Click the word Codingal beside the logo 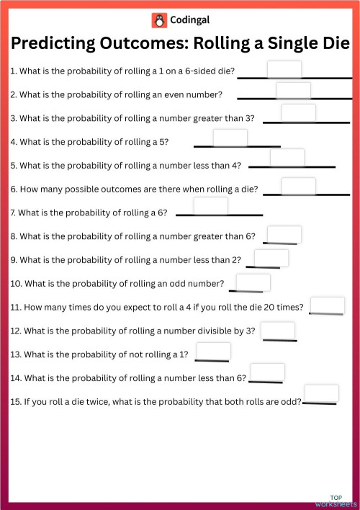coord(190,20)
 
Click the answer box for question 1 coord(284,69)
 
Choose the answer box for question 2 coord(293,91)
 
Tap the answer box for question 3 coord(298,113)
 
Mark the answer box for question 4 coord(230,138)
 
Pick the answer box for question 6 coord(298,186)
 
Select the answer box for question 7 coord(211,206)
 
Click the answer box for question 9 coord(271,258)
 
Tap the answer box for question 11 coord(326,305)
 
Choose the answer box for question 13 coord(213,352)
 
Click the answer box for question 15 coord(321,393)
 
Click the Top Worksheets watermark coord(336,501)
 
